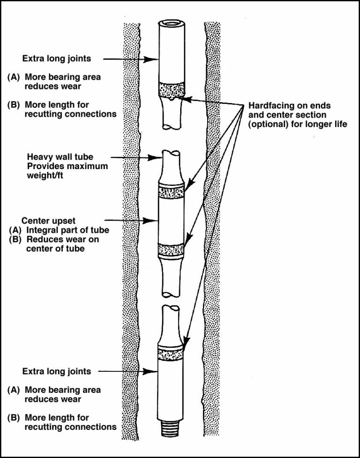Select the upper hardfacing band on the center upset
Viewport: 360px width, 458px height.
(x=171, y=191)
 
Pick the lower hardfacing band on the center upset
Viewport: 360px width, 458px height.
(x=171, y=250)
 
